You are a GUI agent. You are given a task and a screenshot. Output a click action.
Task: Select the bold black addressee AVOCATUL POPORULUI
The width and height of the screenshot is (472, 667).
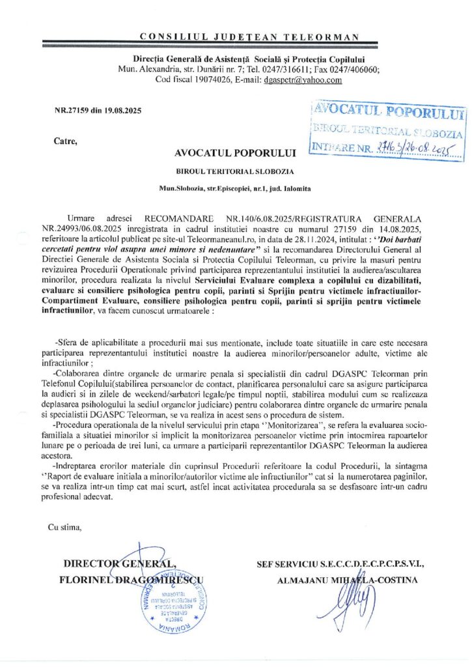(x=235, y=154)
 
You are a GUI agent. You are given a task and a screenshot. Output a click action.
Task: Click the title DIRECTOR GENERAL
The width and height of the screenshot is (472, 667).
(x=118, y=563)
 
